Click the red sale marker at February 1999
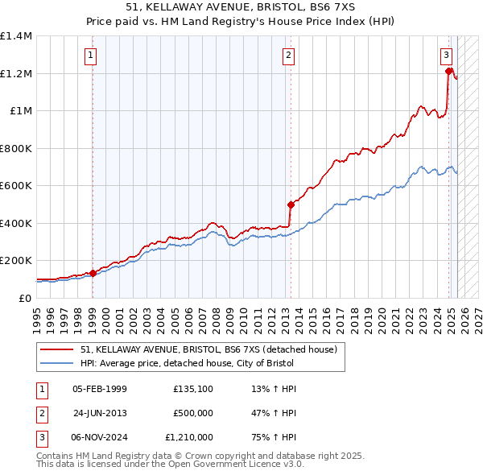click(x=93, y=273)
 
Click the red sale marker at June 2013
click(x=291, y=204)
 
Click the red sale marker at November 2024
click(x=448, y=72)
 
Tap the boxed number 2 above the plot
click(x=287, y=56)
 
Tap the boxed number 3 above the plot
click(x=445, y=56)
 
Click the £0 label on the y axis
click(x=24, y=298)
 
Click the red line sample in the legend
click(x=56, y=349)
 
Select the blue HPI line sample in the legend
click(x=56, y=363)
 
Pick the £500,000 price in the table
click(x=193, y=414)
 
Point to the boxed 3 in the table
click(x=40, y=438)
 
